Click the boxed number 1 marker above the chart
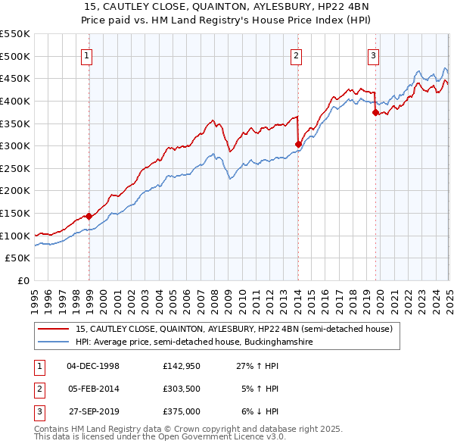click(88, 55)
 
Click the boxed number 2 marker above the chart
click(296, 55)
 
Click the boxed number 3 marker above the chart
click(374, 55)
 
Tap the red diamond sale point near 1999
click(89, 216)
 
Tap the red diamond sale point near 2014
click(298, 144)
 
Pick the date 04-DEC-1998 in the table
click(93, 366)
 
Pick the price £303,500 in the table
click(181, 389)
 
